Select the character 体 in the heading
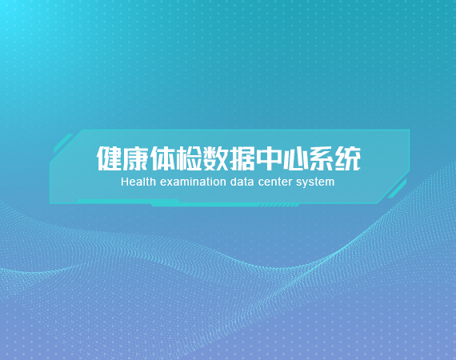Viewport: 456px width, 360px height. click(162, 158)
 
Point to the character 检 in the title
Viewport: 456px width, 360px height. click(189, 158)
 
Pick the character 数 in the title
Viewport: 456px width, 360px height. click(215, 158)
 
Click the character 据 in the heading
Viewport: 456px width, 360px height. click(242, 158)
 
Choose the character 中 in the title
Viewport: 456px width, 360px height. click(269, 158)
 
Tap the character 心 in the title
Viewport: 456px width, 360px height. click(294, 158)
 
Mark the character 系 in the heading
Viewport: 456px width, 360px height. click(321, 158)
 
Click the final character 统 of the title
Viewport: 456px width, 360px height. click(348, 158)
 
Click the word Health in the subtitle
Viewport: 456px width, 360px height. click(138, 182)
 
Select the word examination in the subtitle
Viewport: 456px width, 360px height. click(193, 182)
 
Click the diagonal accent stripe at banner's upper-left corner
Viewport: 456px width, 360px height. click(63, 143)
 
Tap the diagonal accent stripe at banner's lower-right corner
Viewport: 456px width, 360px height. click(397, 189)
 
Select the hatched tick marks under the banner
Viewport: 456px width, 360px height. click(278, 206)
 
